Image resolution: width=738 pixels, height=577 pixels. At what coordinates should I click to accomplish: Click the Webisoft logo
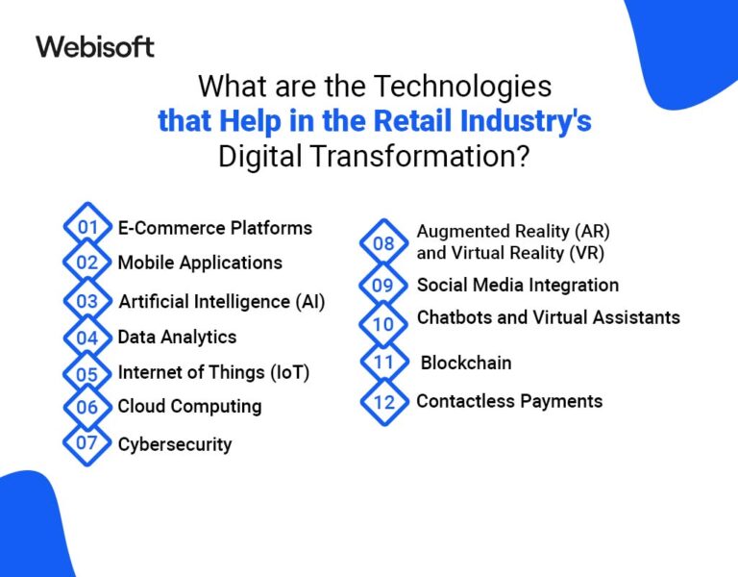click(94, 46)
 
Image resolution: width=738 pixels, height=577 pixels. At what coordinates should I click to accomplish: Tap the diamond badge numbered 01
click(87, 228)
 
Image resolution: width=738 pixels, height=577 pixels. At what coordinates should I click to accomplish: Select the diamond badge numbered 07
click(87, 443)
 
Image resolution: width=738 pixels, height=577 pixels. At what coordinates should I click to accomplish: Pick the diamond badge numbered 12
click(383, 402)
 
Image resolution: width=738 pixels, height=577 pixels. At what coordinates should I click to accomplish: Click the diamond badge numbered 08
click(383, 243)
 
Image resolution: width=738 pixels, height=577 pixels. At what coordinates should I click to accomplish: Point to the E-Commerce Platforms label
click(214, 228)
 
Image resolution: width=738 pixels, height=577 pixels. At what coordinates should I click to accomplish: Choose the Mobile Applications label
click(200, 263)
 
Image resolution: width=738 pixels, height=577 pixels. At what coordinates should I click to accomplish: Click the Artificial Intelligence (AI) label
click(222, 301)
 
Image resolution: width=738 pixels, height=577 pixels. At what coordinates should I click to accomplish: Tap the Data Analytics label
click(177, 337)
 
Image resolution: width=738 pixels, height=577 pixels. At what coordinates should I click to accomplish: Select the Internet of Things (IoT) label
click(213, 372)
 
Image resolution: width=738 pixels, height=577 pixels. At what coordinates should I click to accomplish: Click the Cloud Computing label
click(189, 406)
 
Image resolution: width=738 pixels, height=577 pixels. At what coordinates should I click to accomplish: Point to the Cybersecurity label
click(174, 444)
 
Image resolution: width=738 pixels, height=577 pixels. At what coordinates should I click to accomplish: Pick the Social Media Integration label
click(517, 285)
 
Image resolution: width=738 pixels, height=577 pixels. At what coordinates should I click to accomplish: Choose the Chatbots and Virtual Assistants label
click(548, 317)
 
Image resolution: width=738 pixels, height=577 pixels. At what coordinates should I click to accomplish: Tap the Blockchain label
click(466, 363)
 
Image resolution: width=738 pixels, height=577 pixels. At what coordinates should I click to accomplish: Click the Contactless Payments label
click(509, 401)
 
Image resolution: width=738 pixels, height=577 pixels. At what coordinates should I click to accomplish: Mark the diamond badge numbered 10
click(383, 324)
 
